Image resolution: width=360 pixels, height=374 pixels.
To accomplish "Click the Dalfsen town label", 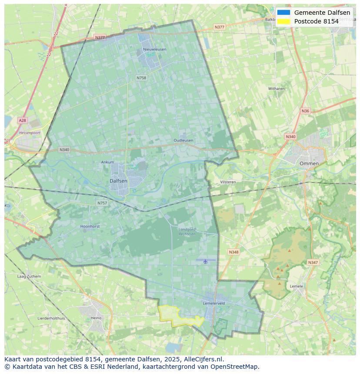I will point(118,181).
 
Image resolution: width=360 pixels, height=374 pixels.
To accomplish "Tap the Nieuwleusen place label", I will point(154,50).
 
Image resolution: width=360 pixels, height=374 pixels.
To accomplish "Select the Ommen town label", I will point(309,163).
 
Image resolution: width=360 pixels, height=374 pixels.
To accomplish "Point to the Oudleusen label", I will point(183,140).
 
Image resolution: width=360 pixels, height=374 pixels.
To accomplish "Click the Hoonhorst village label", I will point(90,226).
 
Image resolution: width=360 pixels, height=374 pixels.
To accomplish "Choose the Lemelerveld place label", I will point(213,303).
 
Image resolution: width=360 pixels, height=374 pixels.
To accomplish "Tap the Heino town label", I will point(96,318).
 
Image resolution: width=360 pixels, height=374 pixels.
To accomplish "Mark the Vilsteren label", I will point(228,182).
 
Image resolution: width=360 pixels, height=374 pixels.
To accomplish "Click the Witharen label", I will point(276,89).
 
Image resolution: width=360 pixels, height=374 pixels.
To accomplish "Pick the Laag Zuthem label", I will point(29,276).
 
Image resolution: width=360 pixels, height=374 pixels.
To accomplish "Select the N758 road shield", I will point(141,78).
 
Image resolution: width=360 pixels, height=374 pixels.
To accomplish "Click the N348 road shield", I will point(233,252).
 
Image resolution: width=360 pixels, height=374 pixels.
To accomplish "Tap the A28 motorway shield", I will point(22,120).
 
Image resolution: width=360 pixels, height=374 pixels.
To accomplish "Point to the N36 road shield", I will point(305,111).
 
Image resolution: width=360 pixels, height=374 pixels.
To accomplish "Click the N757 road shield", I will point(102,203).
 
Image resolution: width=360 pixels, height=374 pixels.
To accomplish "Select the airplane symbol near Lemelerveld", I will point(205,261).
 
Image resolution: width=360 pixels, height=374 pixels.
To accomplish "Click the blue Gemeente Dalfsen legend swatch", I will point(283,13).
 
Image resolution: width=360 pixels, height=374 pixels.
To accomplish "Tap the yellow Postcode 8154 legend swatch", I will point(283,21).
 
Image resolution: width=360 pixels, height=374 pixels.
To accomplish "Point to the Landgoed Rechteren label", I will point(187,231).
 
